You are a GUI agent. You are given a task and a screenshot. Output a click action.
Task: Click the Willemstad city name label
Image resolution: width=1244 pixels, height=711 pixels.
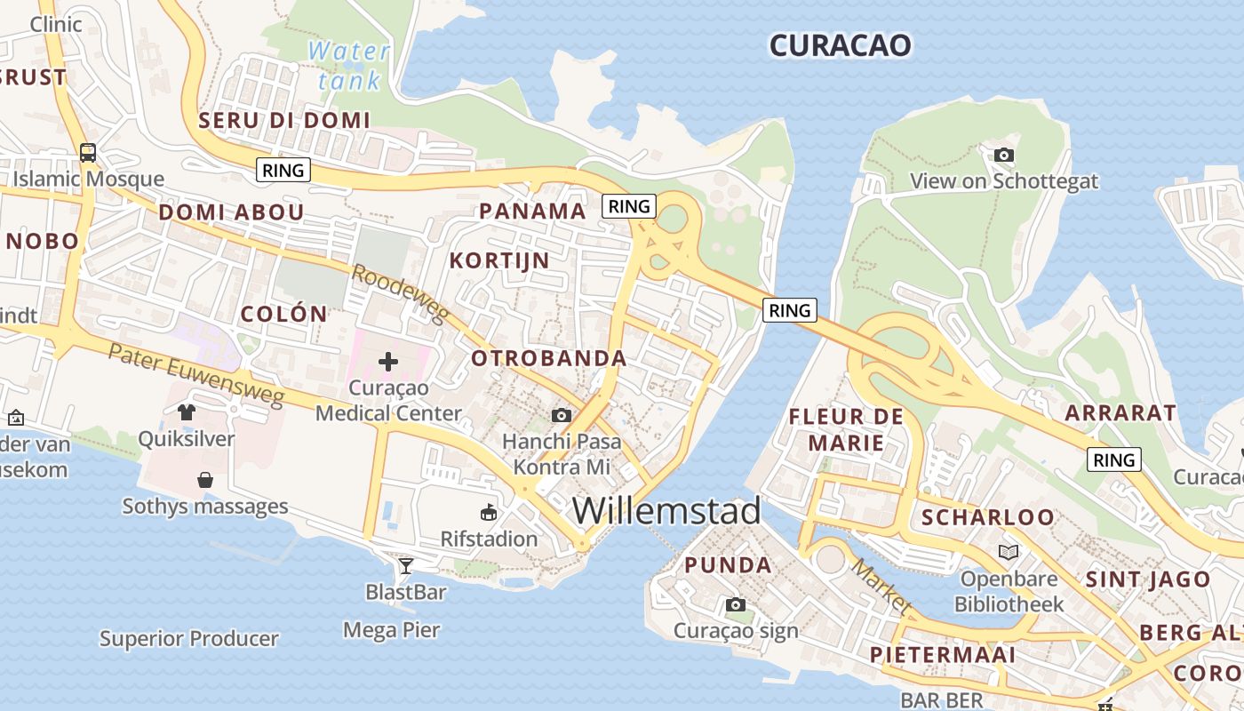click(666, 511)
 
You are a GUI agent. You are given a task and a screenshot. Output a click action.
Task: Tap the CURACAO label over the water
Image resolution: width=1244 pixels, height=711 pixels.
click(840, 44)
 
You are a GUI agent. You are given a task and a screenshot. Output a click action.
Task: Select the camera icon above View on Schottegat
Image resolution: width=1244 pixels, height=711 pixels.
click(1003, 156)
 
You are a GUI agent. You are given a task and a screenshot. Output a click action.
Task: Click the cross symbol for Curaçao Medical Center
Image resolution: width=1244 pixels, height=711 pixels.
click(388, 362)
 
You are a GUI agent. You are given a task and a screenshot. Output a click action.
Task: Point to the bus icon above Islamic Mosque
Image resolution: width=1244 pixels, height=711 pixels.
click(88, 152)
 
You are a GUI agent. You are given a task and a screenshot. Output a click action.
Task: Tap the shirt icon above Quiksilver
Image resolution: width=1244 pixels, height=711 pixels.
click(187, 411)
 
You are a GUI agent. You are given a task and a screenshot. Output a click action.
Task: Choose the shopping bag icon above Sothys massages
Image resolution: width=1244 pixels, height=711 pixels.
click(205, 480)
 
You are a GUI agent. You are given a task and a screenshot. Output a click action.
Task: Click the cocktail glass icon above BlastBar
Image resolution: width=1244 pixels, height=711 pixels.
click(406, 565)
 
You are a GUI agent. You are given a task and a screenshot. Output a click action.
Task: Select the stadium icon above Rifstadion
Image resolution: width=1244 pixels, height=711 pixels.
click(489, 512)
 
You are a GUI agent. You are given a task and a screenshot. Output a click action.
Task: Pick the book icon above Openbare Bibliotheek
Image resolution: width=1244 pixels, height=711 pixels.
click(1009, 552)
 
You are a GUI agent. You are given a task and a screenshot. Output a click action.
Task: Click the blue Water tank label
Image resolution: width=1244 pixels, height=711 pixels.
click(349, 65)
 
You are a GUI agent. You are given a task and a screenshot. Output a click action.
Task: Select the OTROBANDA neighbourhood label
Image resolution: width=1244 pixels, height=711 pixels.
click(549, 358)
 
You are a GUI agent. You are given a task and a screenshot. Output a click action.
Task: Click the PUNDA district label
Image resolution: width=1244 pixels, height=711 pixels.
click(728, 565)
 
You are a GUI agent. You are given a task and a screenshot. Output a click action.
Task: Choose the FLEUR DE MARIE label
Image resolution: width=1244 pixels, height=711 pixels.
click(845, 429)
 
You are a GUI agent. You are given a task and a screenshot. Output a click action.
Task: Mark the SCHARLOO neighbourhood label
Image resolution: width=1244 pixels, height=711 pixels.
click(987, 517)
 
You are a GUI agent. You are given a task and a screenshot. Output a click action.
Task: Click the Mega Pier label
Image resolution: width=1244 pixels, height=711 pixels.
click(392, 630)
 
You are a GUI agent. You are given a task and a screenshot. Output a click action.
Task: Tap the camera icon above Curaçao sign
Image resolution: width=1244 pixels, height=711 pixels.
click(736, 605)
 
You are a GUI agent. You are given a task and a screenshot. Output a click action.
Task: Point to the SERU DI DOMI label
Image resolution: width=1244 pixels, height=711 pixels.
click(284, 120)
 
